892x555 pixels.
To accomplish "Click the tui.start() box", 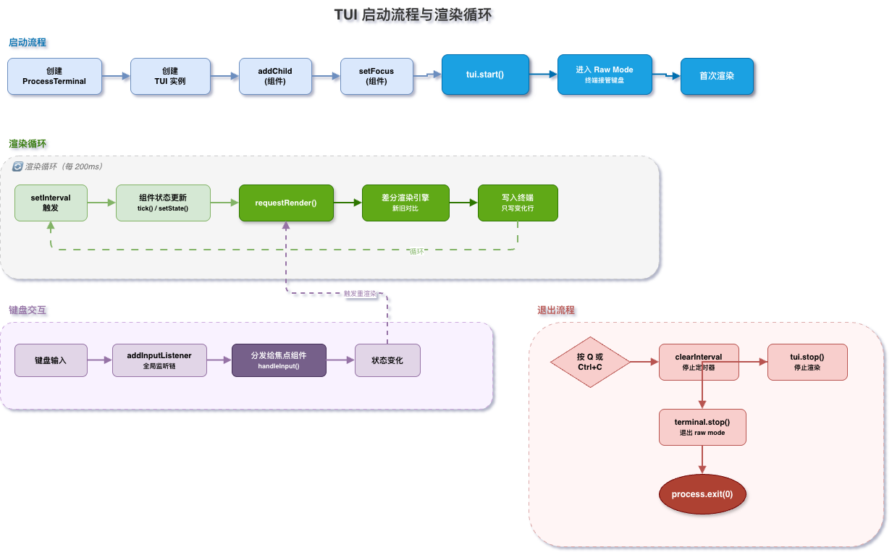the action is click(485, 75).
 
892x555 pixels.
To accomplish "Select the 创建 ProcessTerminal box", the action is click(54, 77).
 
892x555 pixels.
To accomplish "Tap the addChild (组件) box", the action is click(275, 77).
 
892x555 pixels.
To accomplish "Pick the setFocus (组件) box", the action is click(376, 77).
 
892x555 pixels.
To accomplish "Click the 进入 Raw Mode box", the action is click(605, 75).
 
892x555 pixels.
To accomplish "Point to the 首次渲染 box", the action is click(718, 77).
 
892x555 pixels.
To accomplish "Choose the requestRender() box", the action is click(286, 203).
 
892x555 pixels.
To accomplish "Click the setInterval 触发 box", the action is click(51, 203).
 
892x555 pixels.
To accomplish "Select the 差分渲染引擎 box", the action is click(405, 203).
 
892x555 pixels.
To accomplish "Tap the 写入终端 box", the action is click(518, 203).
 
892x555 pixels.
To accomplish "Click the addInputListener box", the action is click(160, 360).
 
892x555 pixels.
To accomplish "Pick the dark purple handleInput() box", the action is click(279, 360).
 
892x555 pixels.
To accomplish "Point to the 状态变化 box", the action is click(388, 360).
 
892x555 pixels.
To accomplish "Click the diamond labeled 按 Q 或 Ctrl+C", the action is click(591, 362).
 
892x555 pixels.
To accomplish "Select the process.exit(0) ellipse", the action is click(703, 494).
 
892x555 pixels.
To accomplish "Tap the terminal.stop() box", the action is click(703, 428).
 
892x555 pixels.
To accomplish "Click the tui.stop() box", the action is click(807, 362).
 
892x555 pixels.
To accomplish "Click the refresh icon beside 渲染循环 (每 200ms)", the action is click(17, 166).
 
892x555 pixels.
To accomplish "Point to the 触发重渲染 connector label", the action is click(360, 294).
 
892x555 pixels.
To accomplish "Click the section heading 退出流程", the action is click(556, 310).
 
